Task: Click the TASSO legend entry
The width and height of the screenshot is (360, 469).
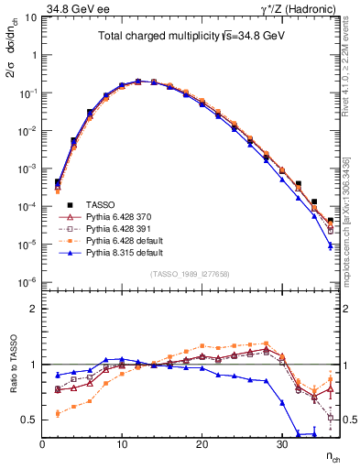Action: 101,203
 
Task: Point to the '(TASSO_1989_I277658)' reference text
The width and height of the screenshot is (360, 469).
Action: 190,273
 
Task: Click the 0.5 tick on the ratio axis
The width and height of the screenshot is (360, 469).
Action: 30,420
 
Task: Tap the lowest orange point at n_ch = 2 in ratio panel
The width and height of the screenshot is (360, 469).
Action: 58,413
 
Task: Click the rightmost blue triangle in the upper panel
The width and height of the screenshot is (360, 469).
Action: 330,245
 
